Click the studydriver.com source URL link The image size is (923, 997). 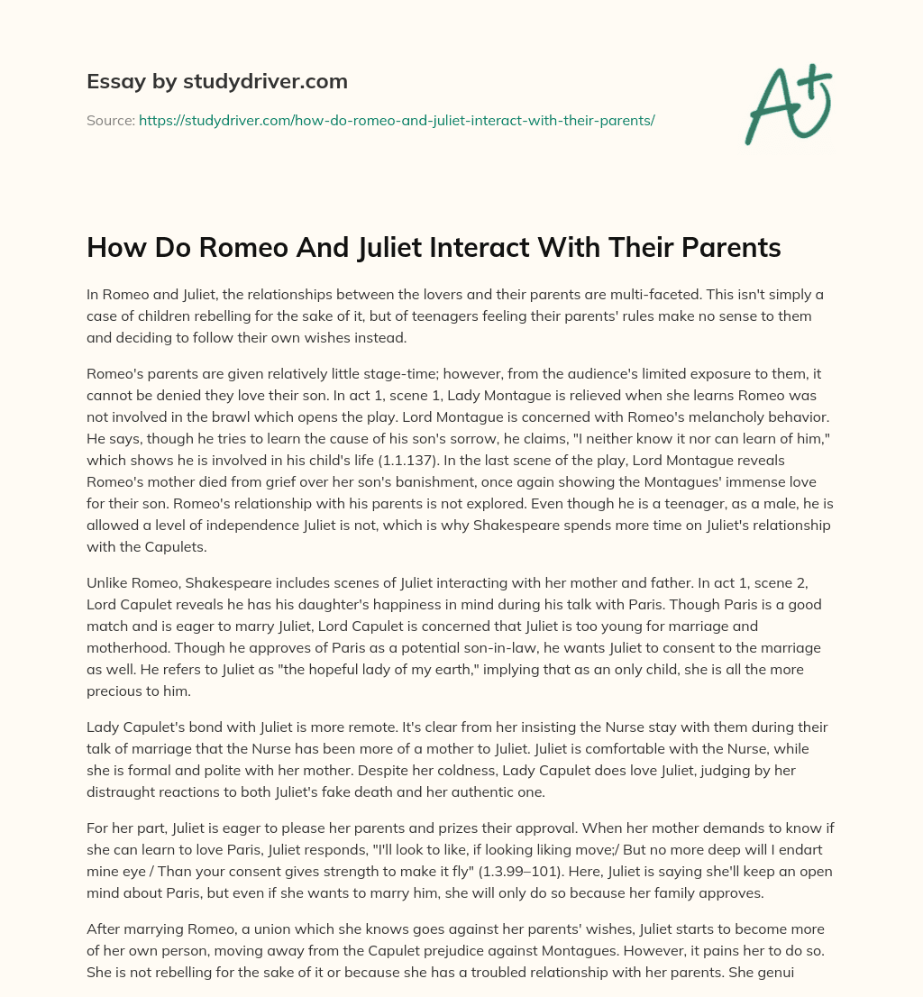[397, 120]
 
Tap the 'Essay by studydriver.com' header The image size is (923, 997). [217, 81]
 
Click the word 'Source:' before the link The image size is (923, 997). [110, 120]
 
